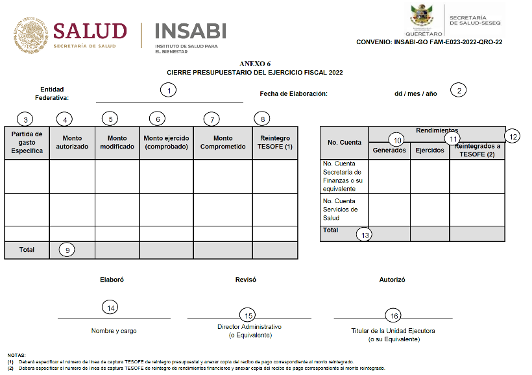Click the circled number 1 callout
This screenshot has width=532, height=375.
point(169,91)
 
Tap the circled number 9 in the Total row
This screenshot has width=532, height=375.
point(67,249)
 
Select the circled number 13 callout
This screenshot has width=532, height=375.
point(365,235)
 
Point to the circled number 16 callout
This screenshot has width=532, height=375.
point(393,315)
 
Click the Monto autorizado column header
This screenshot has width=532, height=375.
point(72,142)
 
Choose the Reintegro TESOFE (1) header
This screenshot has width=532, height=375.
point(275,142)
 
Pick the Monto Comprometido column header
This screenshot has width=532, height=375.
point(223,142)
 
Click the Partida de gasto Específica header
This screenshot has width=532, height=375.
point(27,142)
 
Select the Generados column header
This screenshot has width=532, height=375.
point(389,151)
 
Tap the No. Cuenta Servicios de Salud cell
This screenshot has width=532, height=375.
point(344,210)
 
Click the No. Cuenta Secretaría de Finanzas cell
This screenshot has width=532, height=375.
point(344,176)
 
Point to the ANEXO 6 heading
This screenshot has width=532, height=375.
point(255,64)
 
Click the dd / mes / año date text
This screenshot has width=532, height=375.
point(415,93)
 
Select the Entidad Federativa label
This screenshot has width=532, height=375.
point(54,93)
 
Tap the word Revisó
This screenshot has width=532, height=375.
point(245,280)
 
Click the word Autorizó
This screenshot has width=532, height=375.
point(392,280)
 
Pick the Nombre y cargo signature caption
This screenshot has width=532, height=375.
point(114,331)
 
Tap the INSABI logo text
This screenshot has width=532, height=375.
point(190,30)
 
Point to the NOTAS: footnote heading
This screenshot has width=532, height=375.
point(16,355)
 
